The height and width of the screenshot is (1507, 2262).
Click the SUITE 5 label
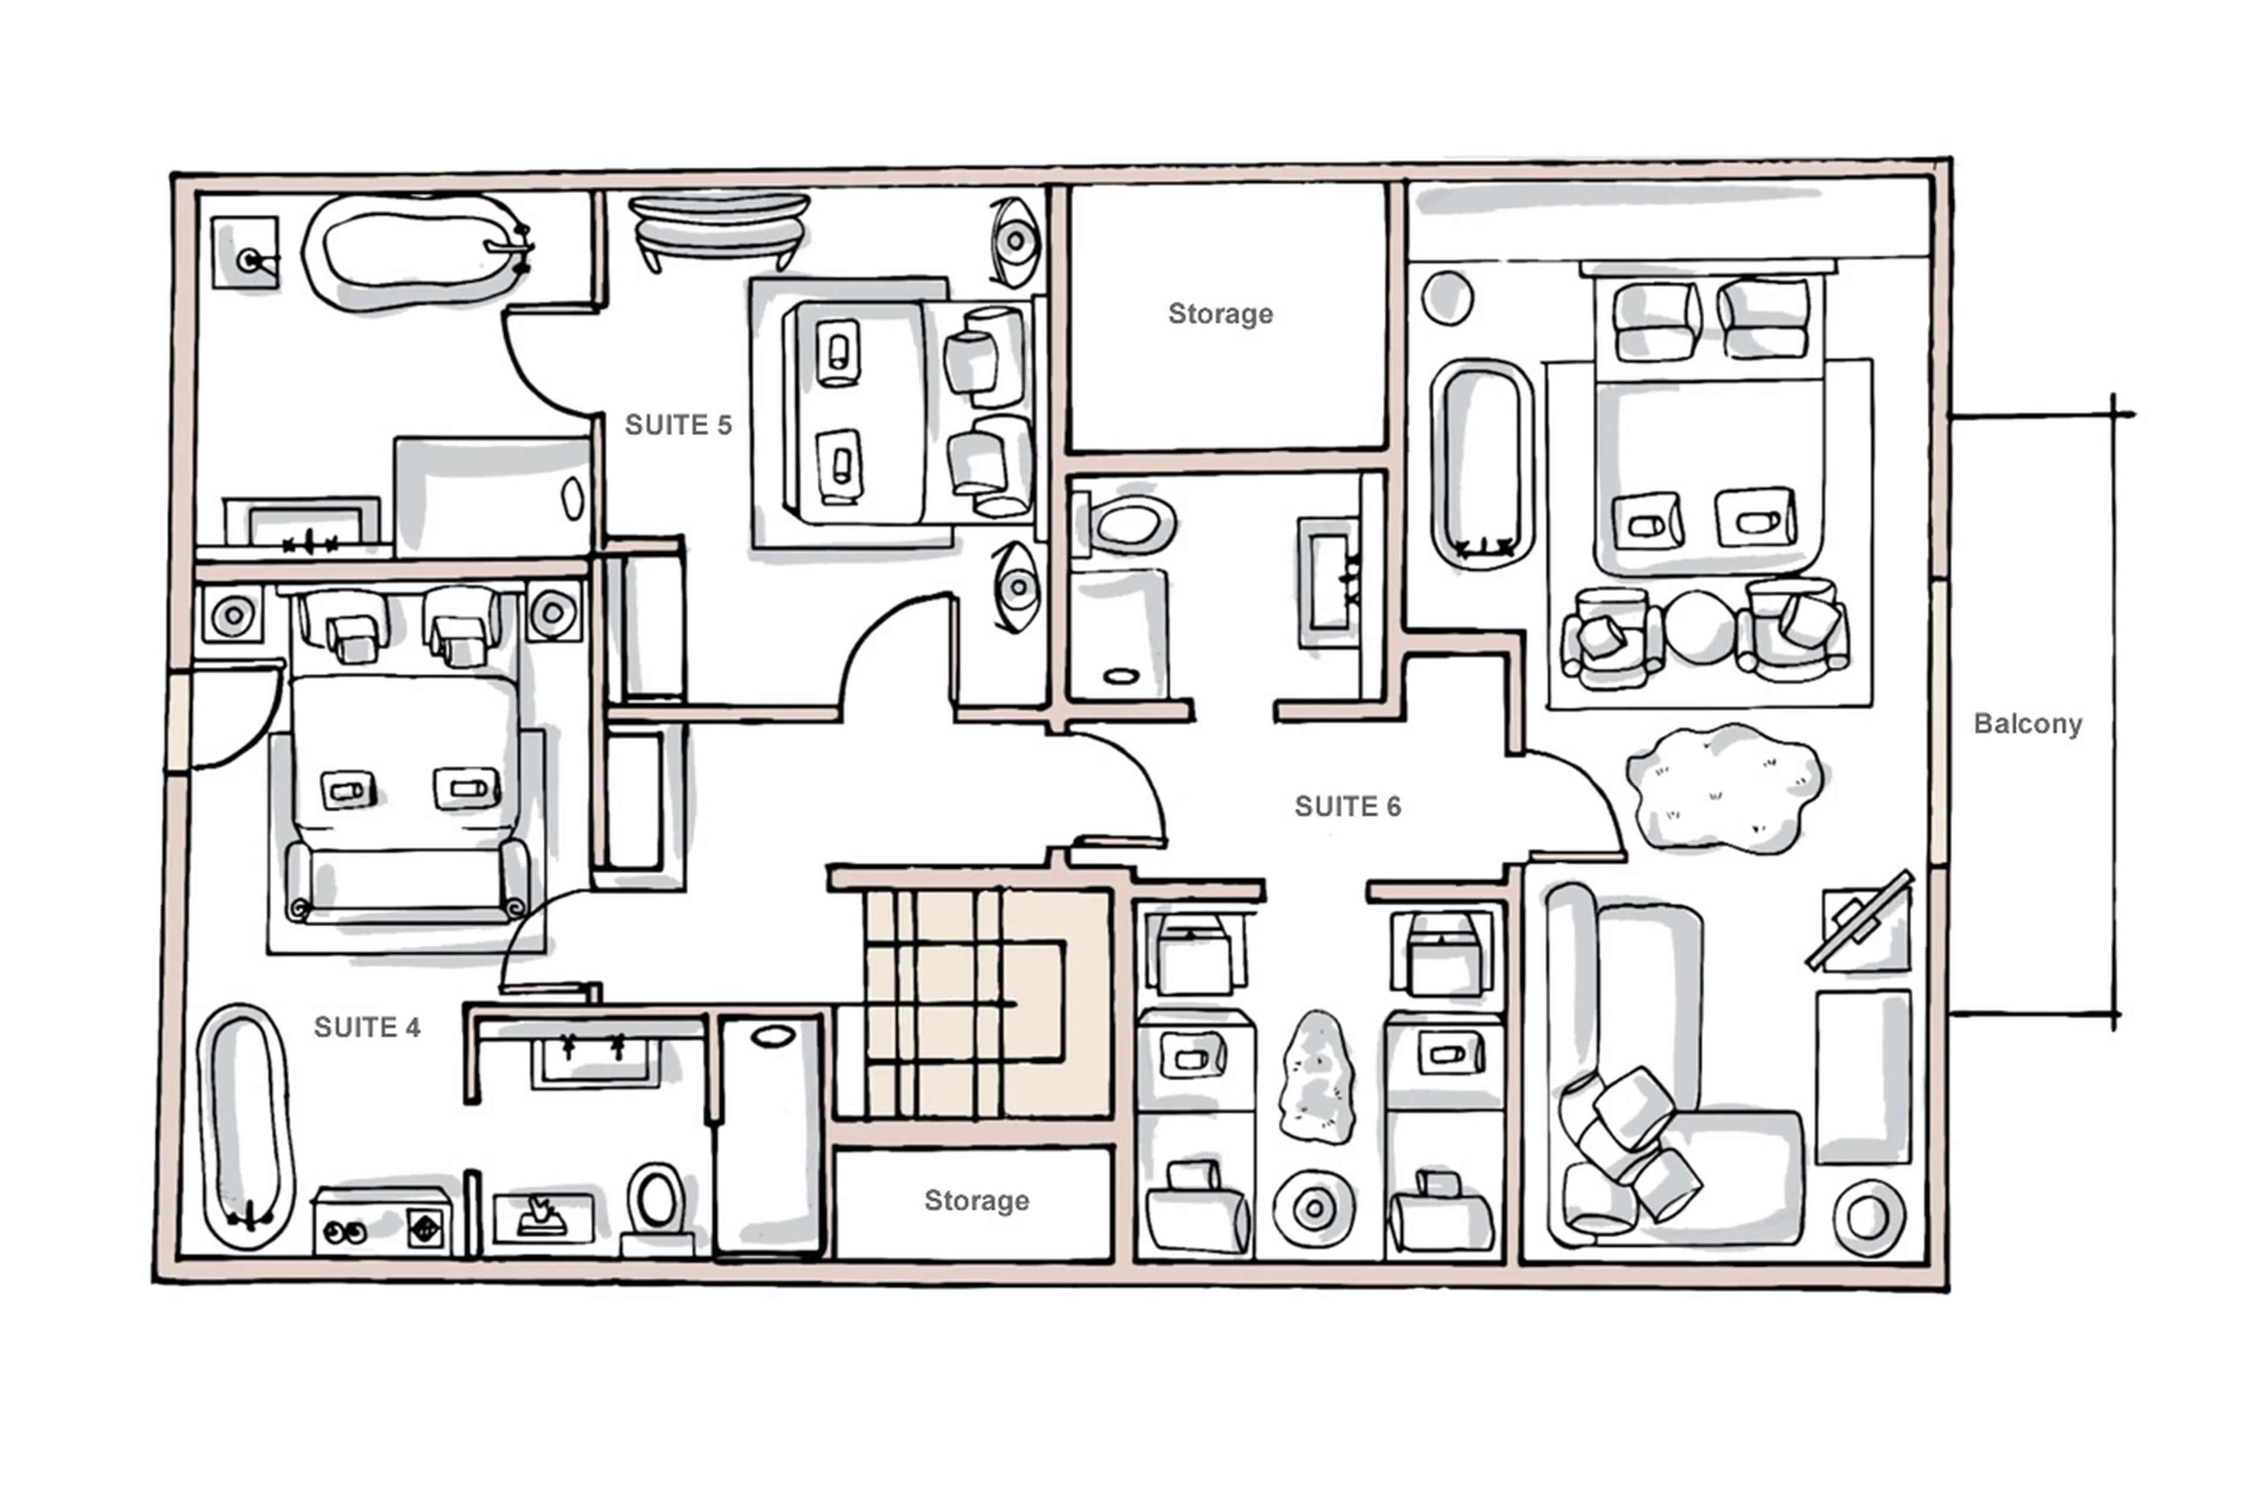click(x=678, y=425)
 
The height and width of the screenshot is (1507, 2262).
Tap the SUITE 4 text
click(x=367, y=1028)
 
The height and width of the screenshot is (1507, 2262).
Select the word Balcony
click(x=2028, y=724)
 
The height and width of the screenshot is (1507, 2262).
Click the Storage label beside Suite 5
click(x=1220, y=314)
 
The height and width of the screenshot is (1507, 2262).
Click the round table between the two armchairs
click(x=1698, y=628)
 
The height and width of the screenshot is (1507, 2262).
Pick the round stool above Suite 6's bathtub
click(x=1447, y=298)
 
